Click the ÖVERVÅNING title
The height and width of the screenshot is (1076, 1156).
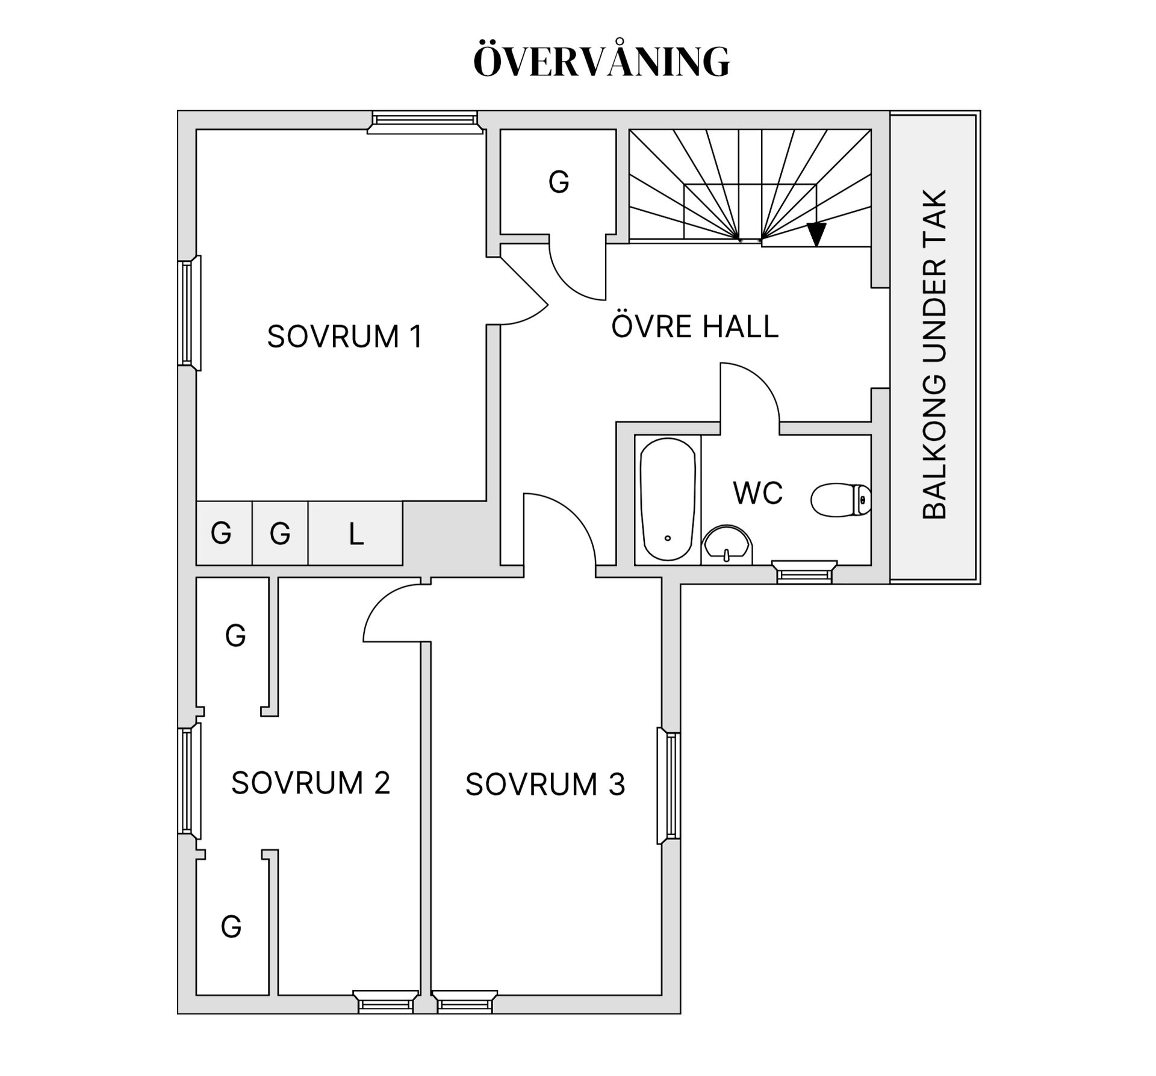pos(601,61)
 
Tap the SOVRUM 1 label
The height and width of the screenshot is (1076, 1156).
pos(345,336)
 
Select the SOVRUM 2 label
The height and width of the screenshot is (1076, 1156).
pos(311,783)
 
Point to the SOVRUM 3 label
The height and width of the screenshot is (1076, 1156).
pos(545,785)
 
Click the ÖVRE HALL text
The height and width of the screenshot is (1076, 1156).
pos(695,326)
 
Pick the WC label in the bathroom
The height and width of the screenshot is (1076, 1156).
pos(757,493)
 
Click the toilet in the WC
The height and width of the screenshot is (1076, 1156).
pos(841,500)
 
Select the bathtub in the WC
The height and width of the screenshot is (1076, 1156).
pos(667,500)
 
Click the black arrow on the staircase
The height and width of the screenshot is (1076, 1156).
pos(816,234)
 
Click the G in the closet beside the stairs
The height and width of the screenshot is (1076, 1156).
pos(559,182)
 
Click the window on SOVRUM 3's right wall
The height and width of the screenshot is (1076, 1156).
pos(670,786)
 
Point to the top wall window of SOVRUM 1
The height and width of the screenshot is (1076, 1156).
pos(424,122)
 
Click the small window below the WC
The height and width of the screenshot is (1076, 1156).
pos(804,572)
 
